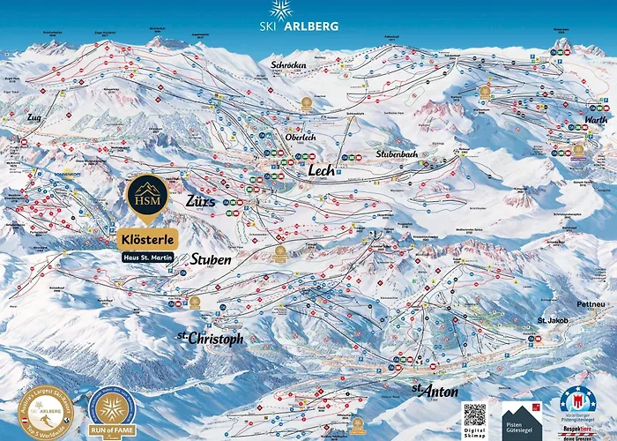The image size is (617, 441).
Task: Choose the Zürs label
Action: click(x=200, y=200)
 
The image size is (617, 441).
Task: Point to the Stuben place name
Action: click(x=211, y=260)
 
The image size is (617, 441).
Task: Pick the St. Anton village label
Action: click(x=427, y=389)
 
